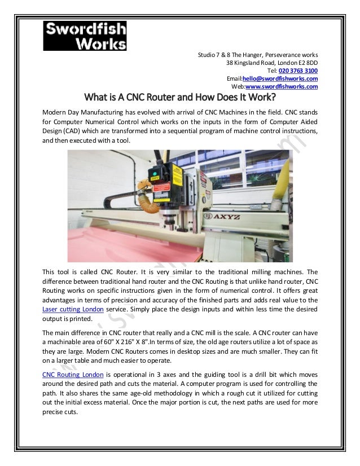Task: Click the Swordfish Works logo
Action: [x=85, y=35]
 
